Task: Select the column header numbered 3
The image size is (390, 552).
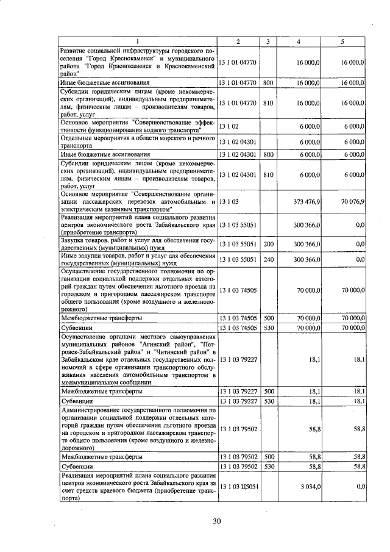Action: click(x=268, y=41)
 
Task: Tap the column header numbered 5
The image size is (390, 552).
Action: click(x=342, y=41)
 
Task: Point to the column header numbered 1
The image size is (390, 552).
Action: click(x=138, y=41)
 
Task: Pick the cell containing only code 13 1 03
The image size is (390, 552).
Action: click(x=230, y=201)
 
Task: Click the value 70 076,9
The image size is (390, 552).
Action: click(x=353, y=201)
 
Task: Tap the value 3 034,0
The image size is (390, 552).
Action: click(x=310, y=486)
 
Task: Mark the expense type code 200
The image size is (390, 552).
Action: click(x=268, y=244)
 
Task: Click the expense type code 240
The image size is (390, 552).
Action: click(x=268, y=259)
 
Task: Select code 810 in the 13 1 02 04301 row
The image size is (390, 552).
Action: click(x=268, y=175)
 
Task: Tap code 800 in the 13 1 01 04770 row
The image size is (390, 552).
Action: click(x=268, y=82)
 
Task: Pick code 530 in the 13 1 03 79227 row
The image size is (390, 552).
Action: click(x=268, y=401)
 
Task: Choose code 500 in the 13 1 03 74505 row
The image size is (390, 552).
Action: click(x=268, y=318)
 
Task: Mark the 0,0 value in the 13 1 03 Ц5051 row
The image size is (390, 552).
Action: click(x=360, y=486)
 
